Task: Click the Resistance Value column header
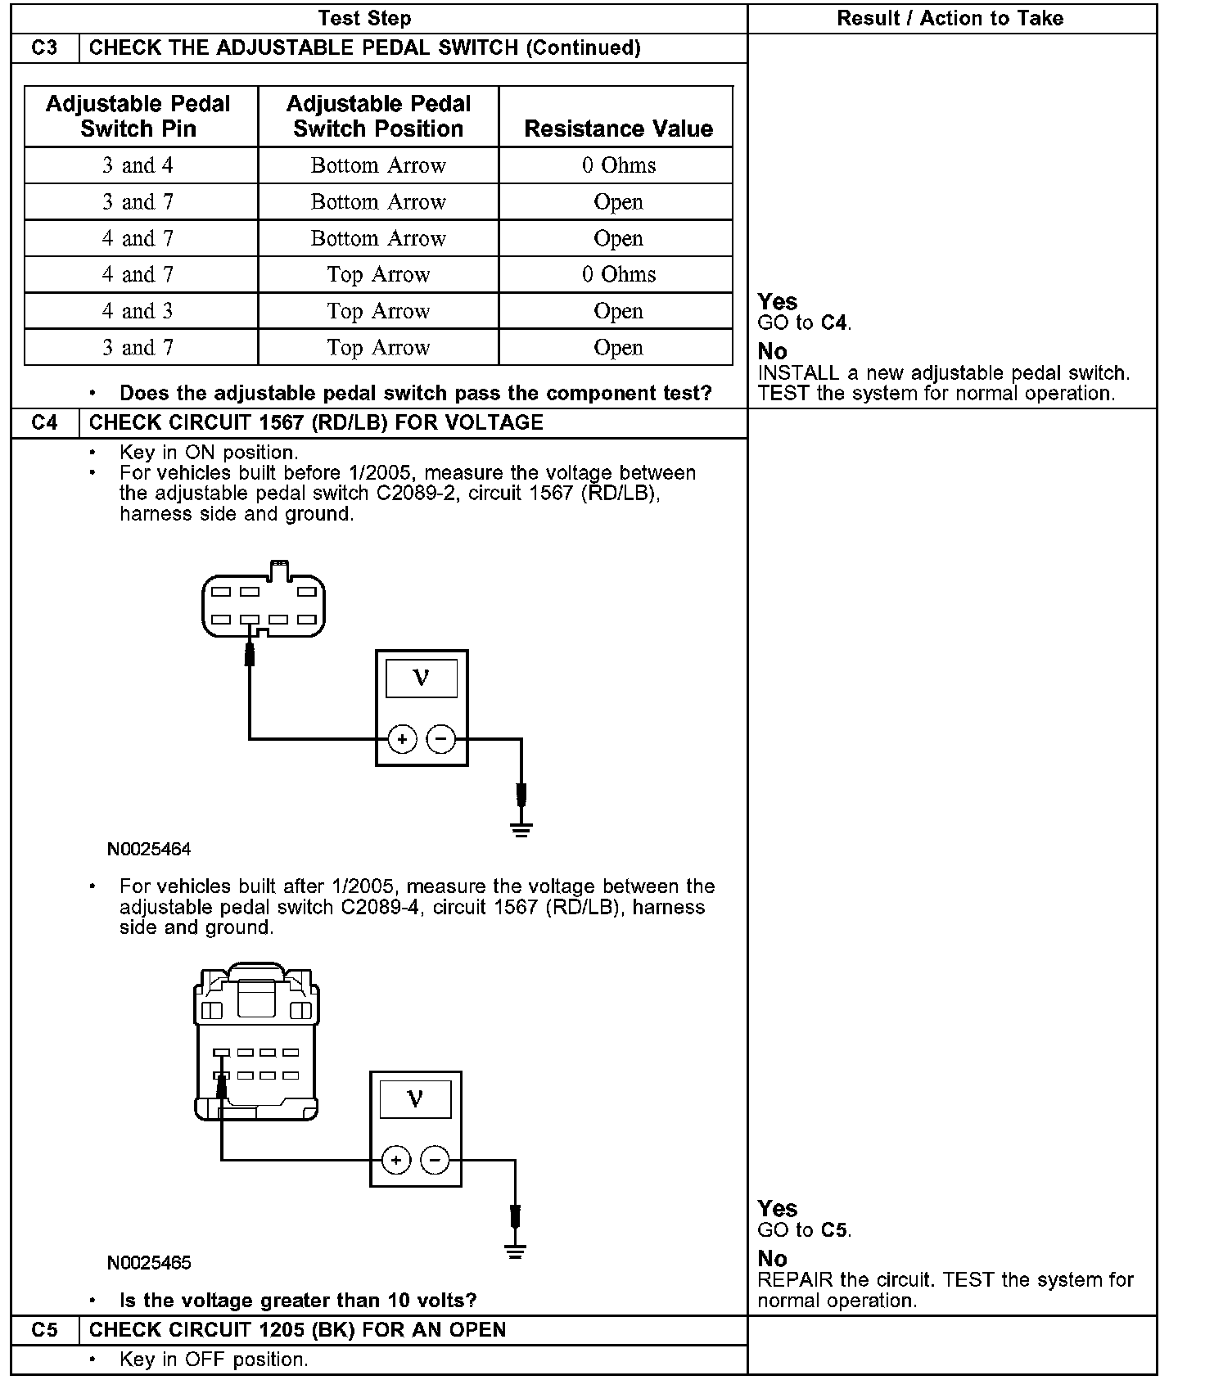coord(618,129)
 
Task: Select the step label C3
coord(45,47)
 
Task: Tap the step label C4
coord(45,422)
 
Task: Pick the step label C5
coord(45,1329)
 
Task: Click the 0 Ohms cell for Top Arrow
coord(618,274)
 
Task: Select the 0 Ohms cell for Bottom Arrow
coord(618,165)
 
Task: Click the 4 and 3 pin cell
coord(138,311)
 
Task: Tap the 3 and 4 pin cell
coord(138,165)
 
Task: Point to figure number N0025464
coord(149,849)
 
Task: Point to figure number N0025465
coord(149,1262)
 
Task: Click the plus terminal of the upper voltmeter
coord(402,740)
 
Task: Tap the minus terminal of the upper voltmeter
coord(441,740)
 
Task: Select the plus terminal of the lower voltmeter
coord(396,1160)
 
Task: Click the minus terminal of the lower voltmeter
coord(435,1160)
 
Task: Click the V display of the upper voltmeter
coord(422,678)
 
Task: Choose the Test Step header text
coord(364,18)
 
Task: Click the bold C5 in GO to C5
coord(833,1230)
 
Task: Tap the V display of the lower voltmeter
coord(416,1098)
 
